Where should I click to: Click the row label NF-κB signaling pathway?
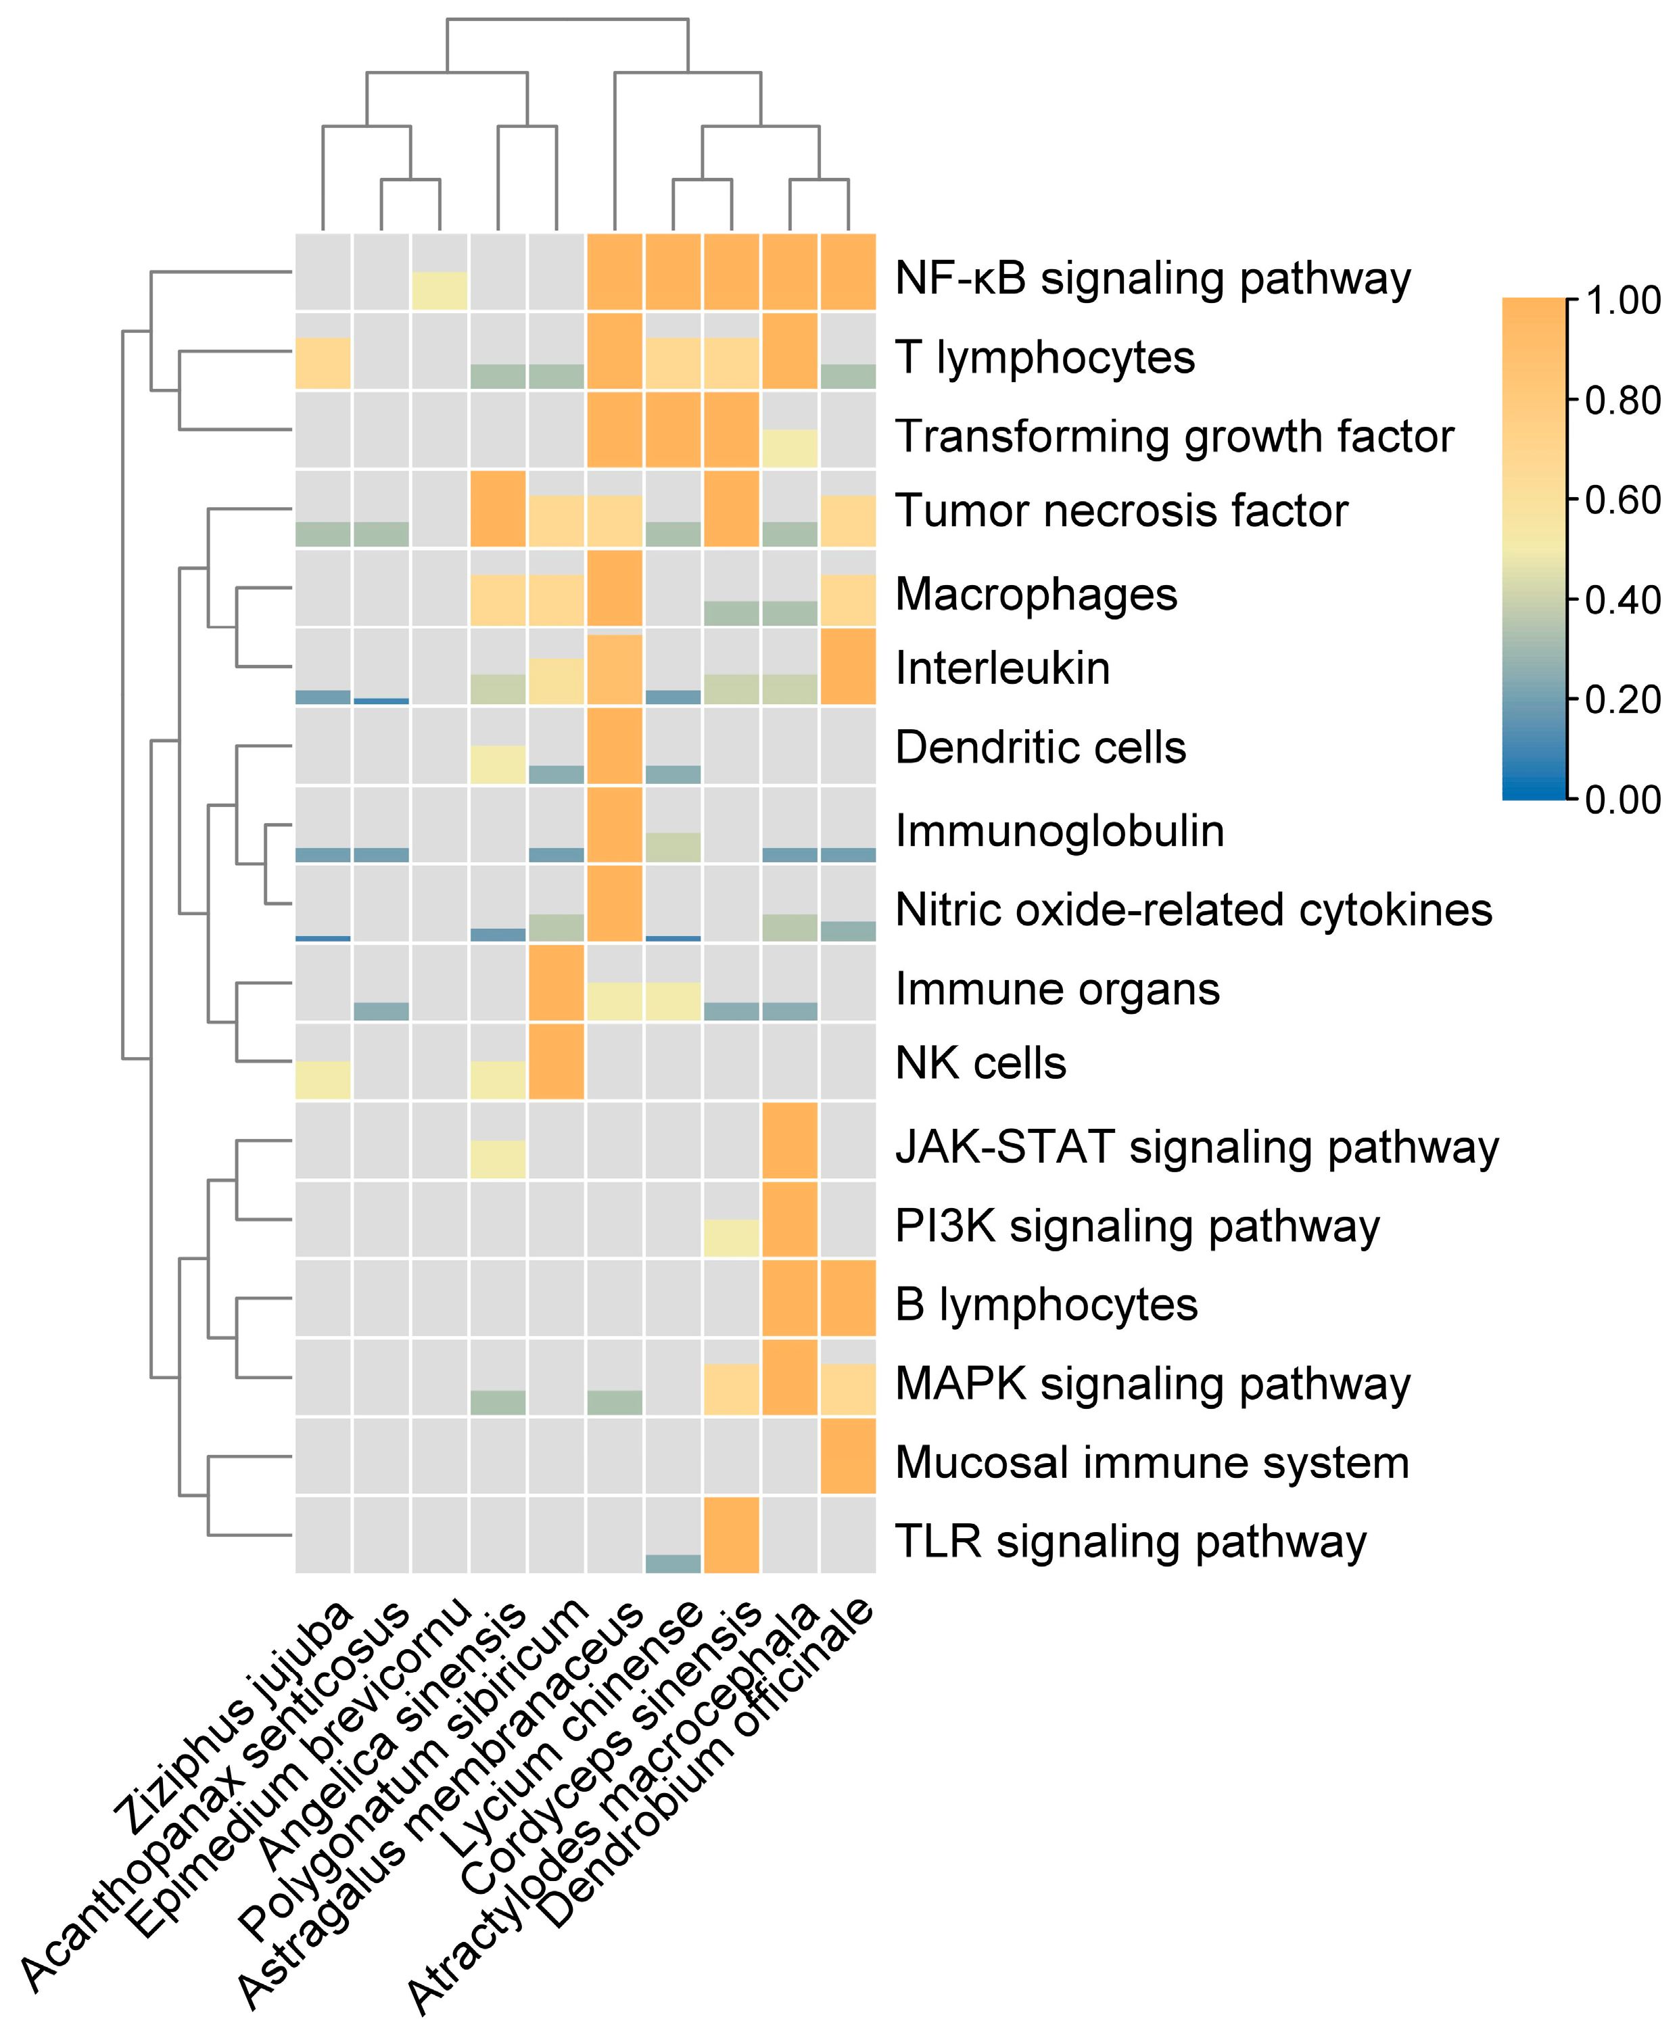click(x=1152, y=279)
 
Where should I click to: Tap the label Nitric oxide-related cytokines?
click(x=1193, y=909)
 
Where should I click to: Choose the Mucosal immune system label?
click(x=1152, y=1462)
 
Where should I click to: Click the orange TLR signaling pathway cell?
click(x=731, y=1534)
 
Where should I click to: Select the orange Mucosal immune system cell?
click(x=848, y=1456)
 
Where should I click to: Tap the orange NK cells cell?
click(x=556, y=1061)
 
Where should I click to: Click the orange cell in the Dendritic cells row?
click(x=614, y=746)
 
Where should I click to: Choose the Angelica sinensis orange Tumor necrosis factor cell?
click(x=497, y=509)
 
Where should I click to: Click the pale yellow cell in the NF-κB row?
click(x=439, y=291)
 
